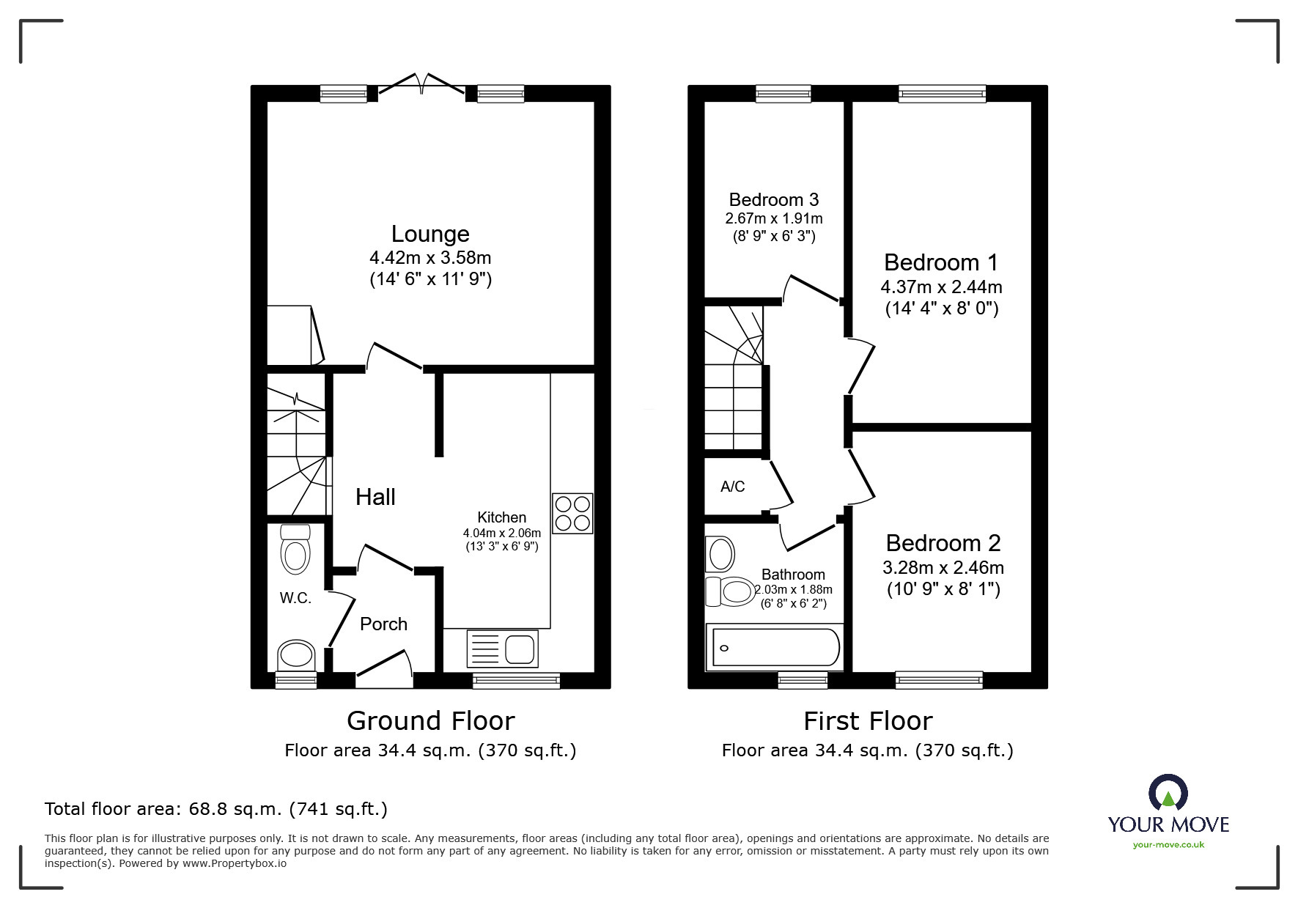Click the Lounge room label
430,234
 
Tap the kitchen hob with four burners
572,513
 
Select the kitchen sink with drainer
503,649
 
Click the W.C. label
295,598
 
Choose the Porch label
383,624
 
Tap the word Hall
375,497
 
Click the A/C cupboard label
732,487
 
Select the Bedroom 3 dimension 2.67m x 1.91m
773,218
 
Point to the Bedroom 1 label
941,262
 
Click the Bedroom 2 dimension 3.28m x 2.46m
943,567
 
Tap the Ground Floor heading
430,721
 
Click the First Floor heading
868,721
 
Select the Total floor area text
216,809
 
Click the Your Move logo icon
1168,793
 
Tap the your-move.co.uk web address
1168,845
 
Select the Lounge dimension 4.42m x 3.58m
430,258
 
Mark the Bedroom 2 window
939,680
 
